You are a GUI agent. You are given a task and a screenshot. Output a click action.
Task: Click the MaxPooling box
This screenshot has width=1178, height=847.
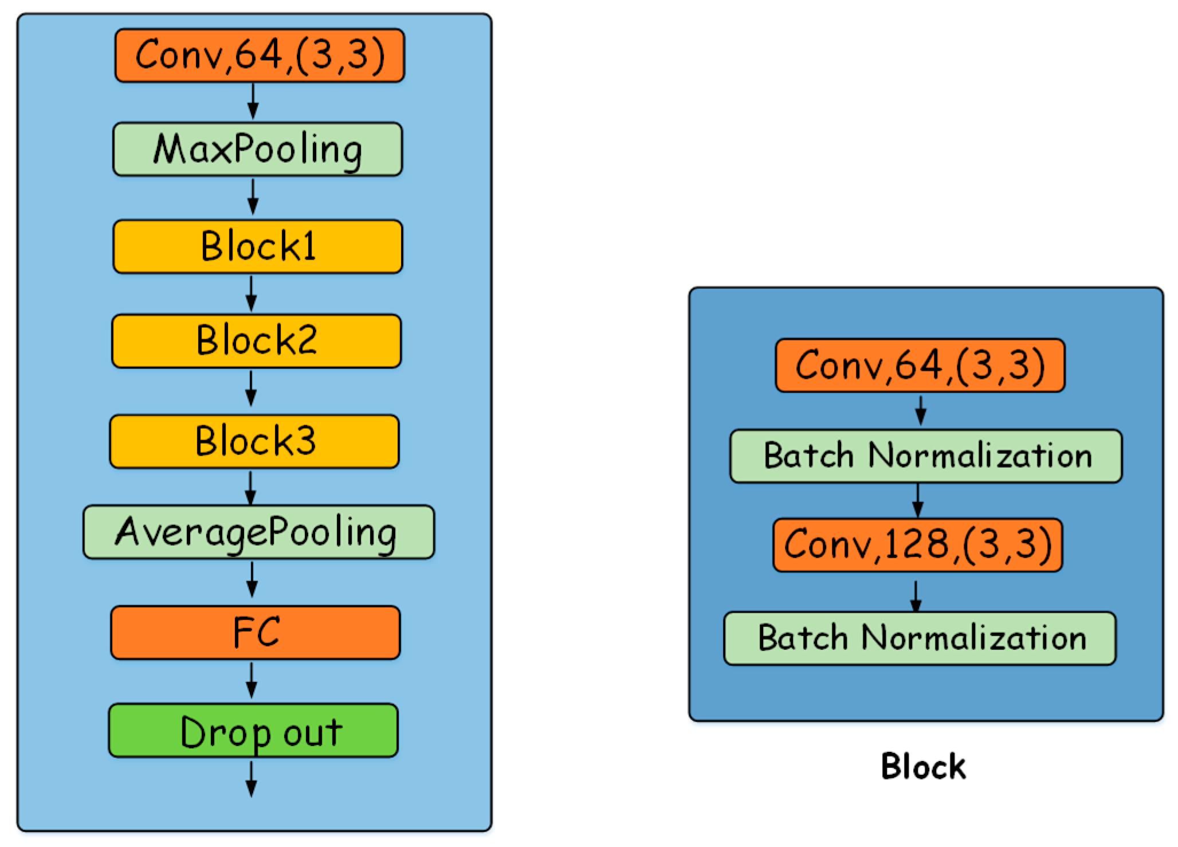(x=257, y=149)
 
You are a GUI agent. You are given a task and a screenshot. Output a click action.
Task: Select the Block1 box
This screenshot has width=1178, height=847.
(x=257, y=246)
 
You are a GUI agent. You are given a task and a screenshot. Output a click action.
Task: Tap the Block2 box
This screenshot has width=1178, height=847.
(x=256, y=341)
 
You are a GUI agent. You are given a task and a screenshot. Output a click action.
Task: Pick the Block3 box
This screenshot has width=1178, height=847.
(x=254, y=441)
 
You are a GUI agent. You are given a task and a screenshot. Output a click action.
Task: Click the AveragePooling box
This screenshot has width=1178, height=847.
(x=258, y=532)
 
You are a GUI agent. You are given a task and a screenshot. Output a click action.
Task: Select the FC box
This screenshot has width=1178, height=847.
(x=256, y=633)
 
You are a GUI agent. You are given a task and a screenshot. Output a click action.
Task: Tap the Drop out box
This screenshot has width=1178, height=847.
(x=253, y=731)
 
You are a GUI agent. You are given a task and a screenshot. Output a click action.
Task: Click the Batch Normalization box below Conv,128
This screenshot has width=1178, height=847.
(x=920, y=638)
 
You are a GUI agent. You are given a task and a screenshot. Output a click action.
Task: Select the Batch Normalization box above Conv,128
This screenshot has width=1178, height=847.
(x=925, y=456)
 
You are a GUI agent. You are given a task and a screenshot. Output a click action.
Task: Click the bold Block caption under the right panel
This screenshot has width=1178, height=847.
(x=923, y=767)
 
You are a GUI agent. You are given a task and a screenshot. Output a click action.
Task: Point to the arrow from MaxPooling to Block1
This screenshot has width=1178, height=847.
(x=253, y=197)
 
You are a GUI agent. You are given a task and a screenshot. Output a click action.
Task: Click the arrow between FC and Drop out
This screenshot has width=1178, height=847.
(x=252, y=681)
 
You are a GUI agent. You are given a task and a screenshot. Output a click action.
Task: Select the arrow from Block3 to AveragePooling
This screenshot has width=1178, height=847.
(x=250, y=487)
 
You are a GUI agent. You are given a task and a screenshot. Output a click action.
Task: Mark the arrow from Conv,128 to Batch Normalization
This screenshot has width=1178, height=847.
(x=916, y=596)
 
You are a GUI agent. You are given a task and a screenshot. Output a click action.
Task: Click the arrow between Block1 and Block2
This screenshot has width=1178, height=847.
(x=251, y=293)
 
